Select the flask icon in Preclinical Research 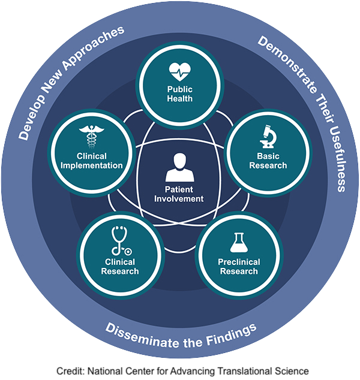tap(238, 244)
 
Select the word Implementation tap(92, 165)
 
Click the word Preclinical tap(238, 263)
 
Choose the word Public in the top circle tap(180, 89)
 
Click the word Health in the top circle tap(180, 98)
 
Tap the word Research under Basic tap(268, 165)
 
